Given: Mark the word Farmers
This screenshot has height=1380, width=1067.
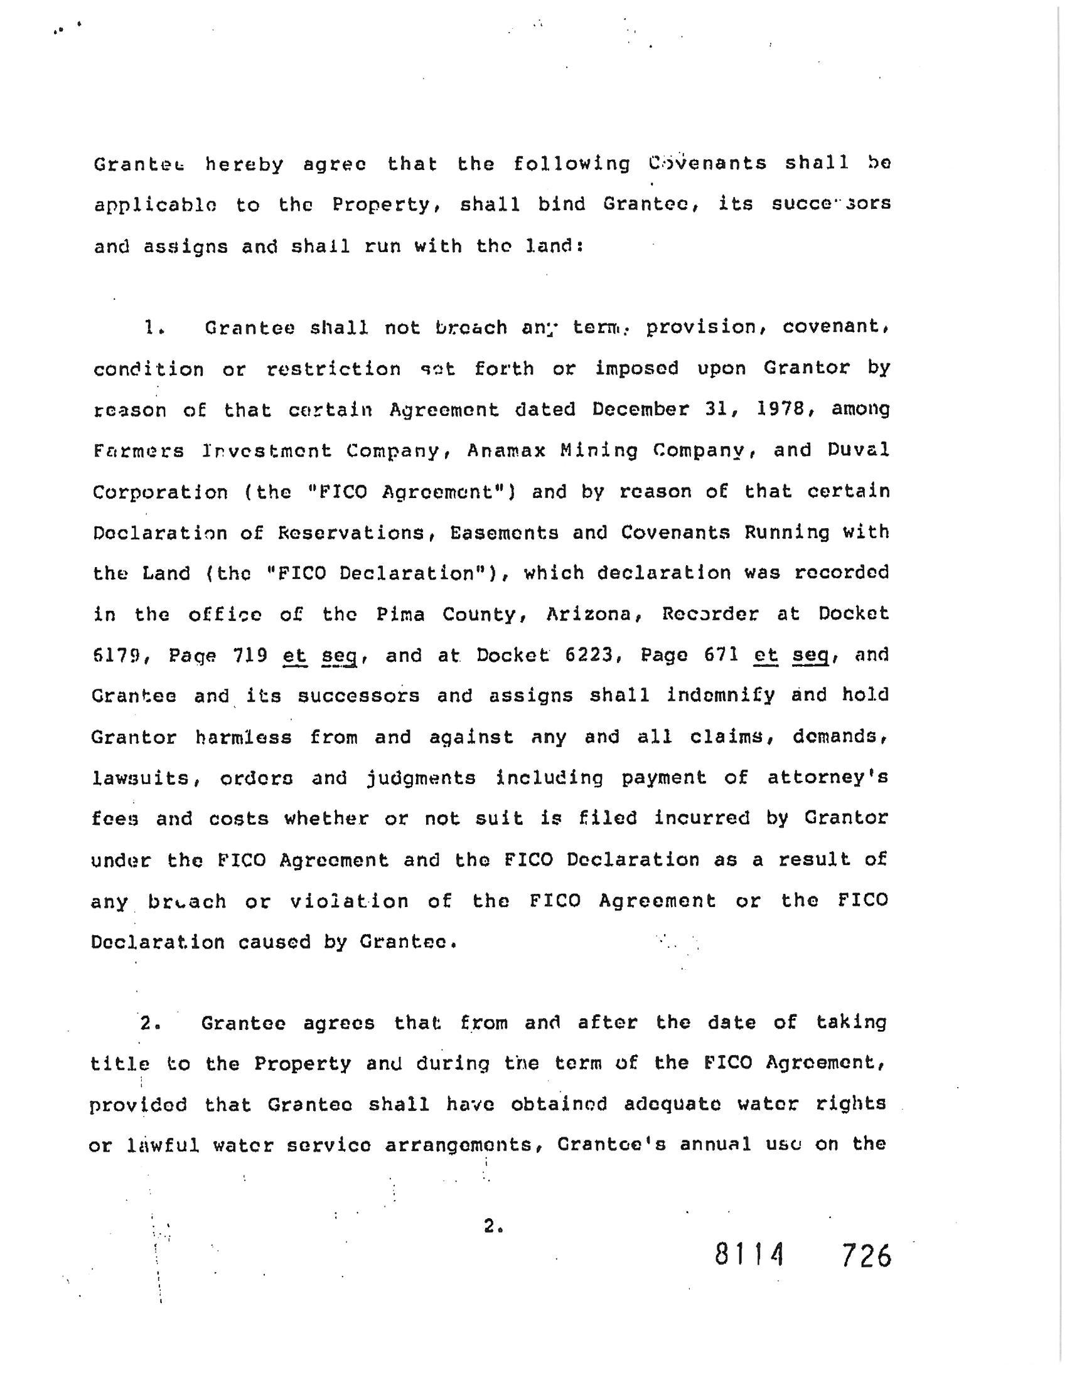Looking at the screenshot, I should [x=139, y=451].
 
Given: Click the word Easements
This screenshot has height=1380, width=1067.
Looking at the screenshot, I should [x=504, y=533].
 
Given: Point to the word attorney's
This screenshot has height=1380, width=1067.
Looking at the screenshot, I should [x=827, y=778].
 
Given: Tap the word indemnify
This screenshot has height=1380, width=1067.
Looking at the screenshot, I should [x=721, y=696].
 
